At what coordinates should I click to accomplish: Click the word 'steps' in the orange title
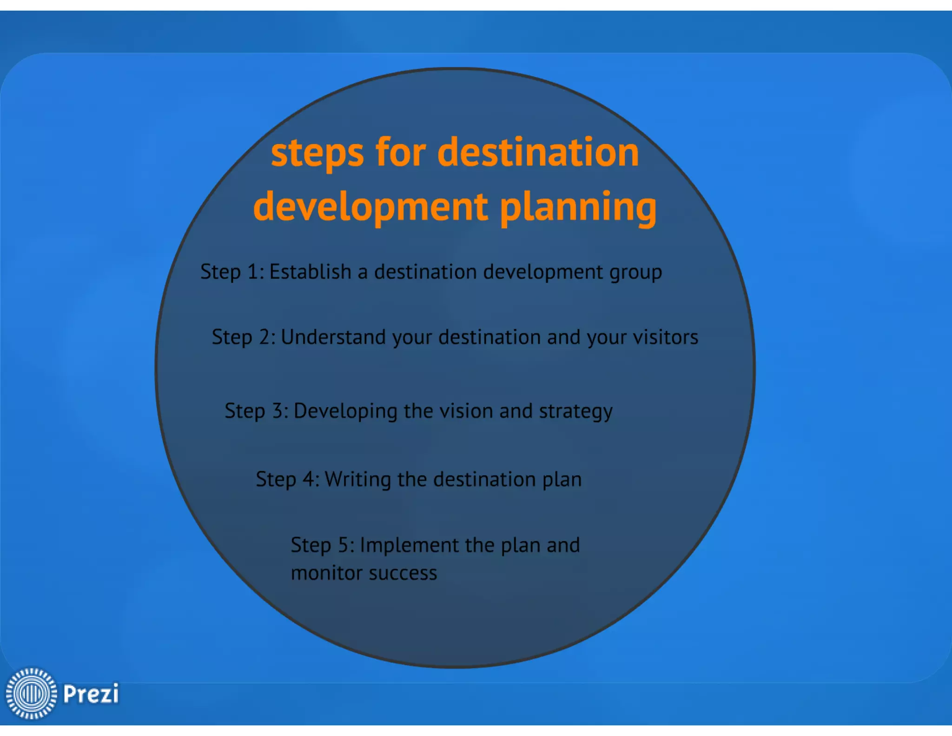point(317,154)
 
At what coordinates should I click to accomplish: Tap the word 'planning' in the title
point(578,207)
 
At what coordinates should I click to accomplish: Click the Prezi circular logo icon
point(31,693)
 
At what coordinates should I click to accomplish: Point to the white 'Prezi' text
point(91,694)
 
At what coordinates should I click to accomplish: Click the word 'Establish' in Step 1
point(310,272)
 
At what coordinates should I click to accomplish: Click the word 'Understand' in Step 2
point(333,337)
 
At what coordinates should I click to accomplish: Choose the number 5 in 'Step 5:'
point(343,545)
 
